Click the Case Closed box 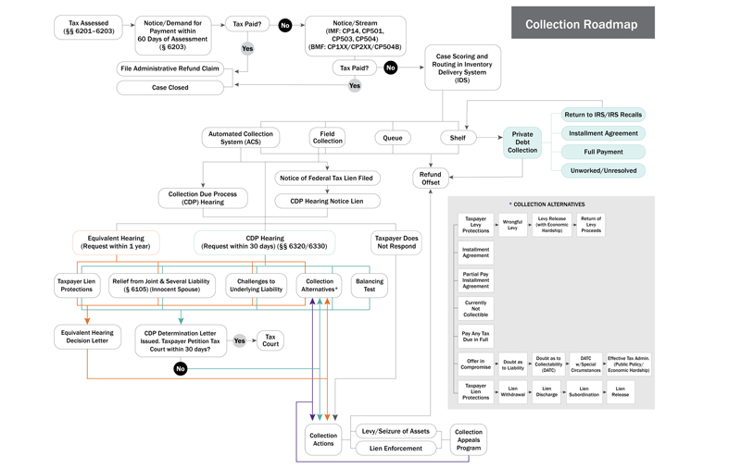pos(170,88)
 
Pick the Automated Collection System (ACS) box pos(241,138)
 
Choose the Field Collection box pos(327,138)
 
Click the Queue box pos(393,138)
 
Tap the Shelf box pos(458,138)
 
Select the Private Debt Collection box pos(522,142)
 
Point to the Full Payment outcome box pos(603,152)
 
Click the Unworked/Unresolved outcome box pos(603,170)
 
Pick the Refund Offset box pos(430,178)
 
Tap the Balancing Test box pos(370,285)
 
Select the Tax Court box pos(270,340)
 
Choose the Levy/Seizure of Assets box pos(396,432)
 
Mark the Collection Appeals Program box pos(469,440)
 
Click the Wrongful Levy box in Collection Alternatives pos(512,226)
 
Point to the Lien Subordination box pos(584,393)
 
